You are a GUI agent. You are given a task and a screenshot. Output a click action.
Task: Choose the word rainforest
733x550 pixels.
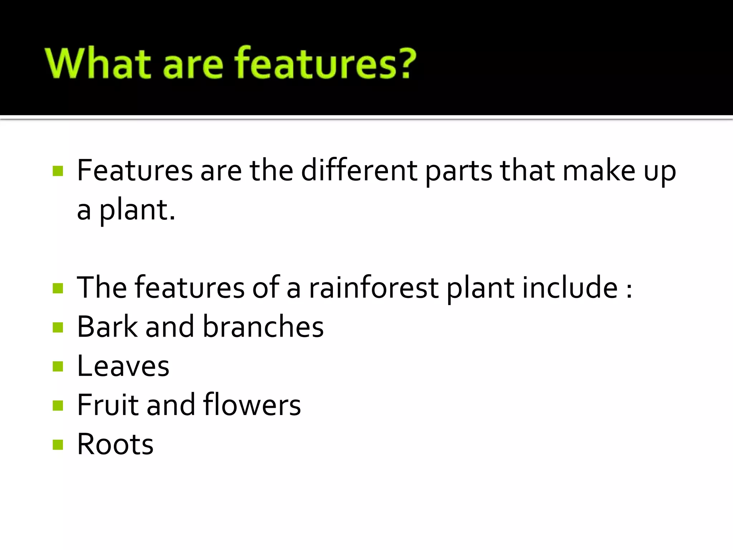pos(374,288)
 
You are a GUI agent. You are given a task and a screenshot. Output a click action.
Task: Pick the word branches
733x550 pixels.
pos(263,327)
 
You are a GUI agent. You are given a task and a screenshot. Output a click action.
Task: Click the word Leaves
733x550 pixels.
pos(123,366)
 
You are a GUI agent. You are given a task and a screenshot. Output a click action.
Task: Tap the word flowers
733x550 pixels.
pos(252,405)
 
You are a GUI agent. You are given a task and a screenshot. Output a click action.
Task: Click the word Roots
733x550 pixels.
pos(115,444)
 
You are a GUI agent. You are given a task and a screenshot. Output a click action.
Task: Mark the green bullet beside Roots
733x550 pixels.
pos(58,445)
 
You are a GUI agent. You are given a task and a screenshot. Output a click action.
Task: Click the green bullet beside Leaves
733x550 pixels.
pos(58,366)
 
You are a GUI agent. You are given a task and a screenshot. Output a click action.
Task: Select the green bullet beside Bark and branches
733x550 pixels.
pos(58,327)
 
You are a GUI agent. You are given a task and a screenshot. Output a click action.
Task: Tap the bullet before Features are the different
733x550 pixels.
pos(58,171)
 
